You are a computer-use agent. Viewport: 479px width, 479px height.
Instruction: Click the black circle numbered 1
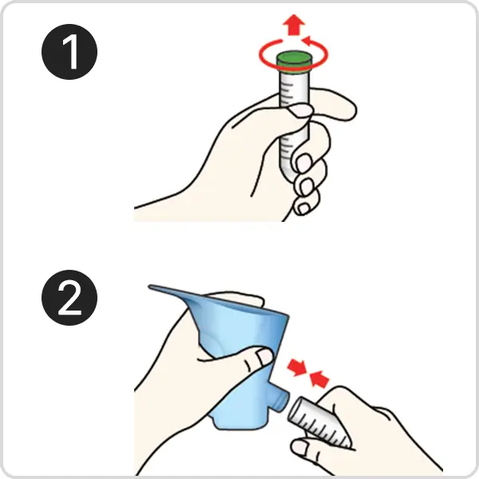coord(69,52)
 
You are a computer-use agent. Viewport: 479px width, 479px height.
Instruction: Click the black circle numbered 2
coord(69,298)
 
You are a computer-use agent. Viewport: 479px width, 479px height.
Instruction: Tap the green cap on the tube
coord(294,61)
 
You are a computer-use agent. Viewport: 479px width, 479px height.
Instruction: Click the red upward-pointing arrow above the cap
coord(294,25)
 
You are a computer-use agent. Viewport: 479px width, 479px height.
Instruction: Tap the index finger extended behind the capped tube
coord(333,104)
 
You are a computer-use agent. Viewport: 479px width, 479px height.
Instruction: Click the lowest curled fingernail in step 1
coord(303,208)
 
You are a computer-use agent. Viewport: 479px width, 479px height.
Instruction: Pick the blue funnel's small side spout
coord(281,400)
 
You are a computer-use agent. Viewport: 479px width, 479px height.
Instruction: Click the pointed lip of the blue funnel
coord(152,287)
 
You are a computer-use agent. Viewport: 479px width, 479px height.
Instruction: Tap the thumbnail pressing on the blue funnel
coord(265,357)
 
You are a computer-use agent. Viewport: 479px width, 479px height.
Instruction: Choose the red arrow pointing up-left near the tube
coord(319,378)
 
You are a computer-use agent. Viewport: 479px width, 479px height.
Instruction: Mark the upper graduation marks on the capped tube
coord(287,92)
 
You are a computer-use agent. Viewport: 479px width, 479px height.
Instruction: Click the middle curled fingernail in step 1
coord(306,186)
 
